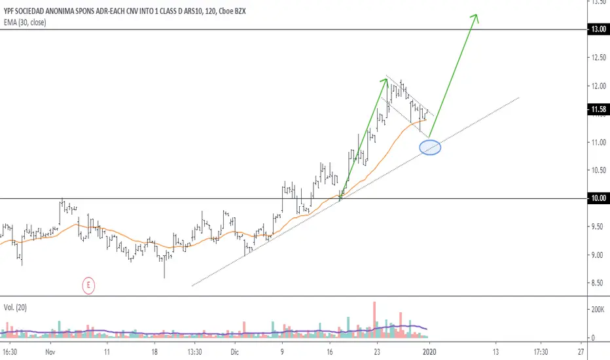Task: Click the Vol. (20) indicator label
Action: [x=19, y=306]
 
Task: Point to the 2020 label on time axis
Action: [x=429, y=351]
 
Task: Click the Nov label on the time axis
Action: [x=50, y=351]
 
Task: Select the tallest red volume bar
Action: [x=375, y=319]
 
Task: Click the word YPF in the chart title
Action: [x=11, y=9]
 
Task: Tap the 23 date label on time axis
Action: [x=377, y=351]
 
